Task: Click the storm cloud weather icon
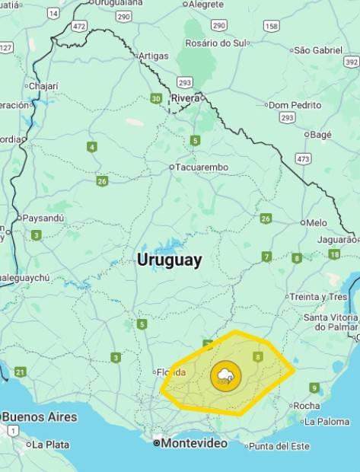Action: [x=225, y=375]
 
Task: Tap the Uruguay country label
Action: [x=169, y=260]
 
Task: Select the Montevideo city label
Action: [x=192, y=442]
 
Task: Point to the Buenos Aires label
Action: [x=39, y=417]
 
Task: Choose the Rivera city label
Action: [x=185, y=98]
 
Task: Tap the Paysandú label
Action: [x=43, y=218]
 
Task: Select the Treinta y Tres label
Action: [x=317, y=297]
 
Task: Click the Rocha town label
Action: [x=306, y=406]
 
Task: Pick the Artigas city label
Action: [x=153, y=56]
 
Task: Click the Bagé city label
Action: [x=320, y=135]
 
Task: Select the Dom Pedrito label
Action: [x=295, y=104]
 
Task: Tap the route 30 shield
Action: [x=156, y=98]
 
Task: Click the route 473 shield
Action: [x=304, y=159]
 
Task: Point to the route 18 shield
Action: [x=334, y=254]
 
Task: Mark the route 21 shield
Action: [x=20, y=372]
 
